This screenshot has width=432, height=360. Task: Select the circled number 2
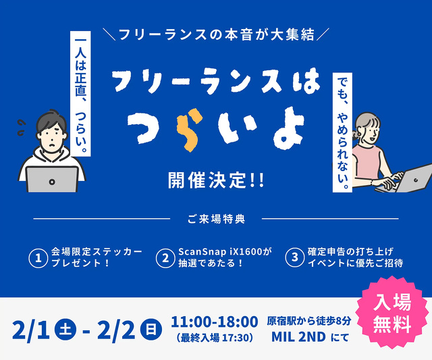(165, 257)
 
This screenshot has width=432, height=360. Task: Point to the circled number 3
(294, 257)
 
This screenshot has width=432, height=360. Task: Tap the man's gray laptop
(52, 178)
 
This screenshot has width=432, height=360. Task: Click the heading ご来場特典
(216, 219)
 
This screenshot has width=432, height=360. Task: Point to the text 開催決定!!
(215, 181)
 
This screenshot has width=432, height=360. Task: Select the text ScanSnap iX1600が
(224, 251)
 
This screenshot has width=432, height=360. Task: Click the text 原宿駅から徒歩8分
(308, 320)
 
